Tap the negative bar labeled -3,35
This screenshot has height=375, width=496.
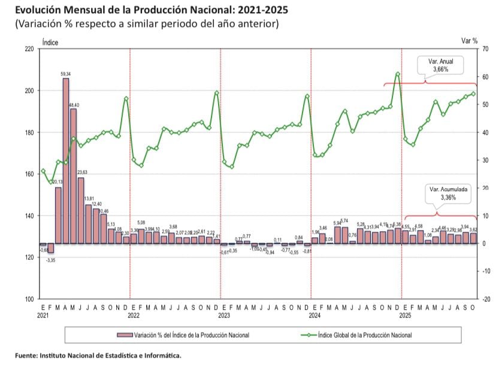coord(51,248)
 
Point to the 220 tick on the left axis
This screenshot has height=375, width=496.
coord(29,49)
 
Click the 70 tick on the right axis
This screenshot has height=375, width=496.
coord(484,49)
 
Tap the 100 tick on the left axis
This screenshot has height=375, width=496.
coord(29,299)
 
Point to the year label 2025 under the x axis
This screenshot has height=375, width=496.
coord(404,314)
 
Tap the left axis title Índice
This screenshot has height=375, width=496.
coord(50,41)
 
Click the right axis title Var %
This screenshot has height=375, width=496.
coord(469,41)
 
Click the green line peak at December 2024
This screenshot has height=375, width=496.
coord(398,74)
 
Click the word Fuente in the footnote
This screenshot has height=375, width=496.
coord(27,355)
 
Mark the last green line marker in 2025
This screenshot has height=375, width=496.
coord(473,93)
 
